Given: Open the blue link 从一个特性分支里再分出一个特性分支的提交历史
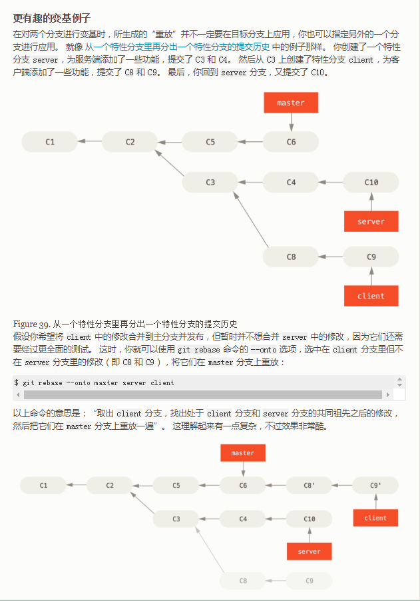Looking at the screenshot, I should tap(176, 47).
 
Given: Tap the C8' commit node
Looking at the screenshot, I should tap(309, 486).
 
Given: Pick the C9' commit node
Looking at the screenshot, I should tap(375, 486).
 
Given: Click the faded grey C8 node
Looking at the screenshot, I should tap(243, 581).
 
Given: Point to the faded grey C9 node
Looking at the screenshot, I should tap(309, 581).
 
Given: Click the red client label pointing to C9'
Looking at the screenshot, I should tap(375, 518).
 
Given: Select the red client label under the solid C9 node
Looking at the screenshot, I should tap(371, 296).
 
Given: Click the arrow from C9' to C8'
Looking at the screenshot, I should tap(342, 486).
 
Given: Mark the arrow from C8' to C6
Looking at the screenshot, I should tap(276, 486).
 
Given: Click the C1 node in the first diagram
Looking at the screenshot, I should tap(50, 142).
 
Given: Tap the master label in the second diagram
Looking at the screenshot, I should tap(243, 453).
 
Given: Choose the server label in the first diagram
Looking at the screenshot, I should tap(371, 222).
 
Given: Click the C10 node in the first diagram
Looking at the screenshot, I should tap(371, 182).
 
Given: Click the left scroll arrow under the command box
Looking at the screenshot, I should tap(18, 395).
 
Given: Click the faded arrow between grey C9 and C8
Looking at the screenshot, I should tap(276, 581).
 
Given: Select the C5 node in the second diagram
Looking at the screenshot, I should tap(176, 486).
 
